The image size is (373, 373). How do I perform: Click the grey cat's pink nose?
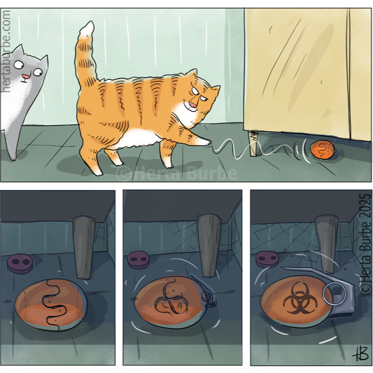(26, 76)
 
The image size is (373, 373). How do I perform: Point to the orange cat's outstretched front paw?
(205, 142)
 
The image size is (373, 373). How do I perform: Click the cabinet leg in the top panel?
(253, 143)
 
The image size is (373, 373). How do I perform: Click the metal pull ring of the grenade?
(334, 294)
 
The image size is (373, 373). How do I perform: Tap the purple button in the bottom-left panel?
(20, 264)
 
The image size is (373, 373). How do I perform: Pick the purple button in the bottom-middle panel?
(138, 261)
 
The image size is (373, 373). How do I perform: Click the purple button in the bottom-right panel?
(267, 259)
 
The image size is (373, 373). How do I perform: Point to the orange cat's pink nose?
(193, 104)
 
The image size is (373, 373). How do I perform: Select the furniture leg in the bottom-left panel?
(83, 247)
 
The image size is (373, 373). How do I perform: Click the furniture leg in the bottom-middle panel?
(209, 245)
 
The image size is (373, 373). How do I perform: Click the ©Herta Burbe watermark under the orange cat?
(176, 173)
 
